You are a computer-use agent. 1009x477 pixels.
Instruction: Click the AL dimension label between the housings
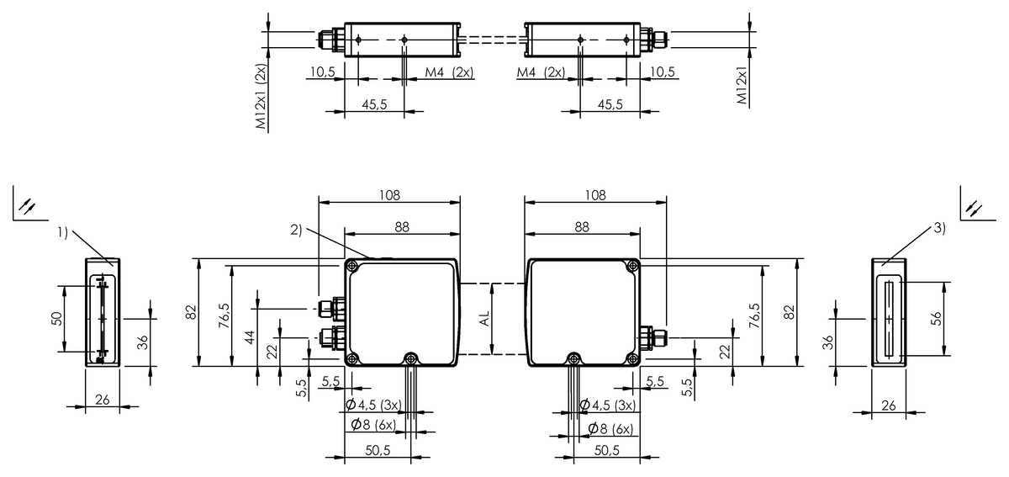coord(484,319)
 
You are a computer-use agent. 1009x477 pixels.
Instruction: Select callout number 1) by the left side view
coord(62,232)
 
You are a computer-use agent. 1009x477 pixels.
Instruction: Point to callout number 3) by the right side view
coord(940,228)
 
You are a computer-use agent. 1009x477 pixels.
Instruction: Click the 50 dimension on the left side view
coord(57,319)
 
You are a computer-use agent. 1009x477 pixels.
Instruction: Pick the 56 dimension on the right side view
coord(936,319)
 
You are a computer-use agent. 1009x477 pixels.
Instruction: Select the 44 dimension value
coord(250,337)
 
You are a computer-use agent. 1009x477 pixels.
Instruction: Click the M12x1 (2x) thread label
coord(261,96)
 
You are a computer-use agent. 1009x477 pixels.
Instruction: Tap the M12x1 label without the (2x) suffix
coord(742,86)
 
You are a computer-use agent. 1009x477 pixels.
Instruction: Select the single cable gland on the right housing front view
coord(653,337)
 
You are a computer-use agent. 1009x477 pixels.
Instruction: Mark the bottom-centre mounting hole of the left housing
coord(410,359)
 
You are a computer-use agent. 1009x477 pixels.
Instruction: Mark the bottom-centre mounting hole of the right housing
coord(573,359)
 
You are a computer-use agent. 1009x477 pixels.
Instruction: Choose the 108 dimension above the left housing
coord(389,195)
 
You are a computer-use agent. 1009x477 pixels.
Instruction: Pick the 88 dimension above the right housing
coord(582,227)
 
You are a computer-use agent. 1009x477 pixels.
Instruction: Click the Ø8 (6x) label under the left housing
coord(373,425)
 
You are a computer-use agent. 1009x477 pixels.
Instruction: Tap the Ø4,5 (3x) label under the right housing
coord(608,405)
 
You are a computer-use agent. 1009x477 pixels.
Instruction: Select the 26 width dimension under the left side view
coord(103,400)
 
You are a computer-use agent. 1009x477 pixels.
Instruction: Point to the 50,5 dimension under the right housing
coord(607,450)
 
